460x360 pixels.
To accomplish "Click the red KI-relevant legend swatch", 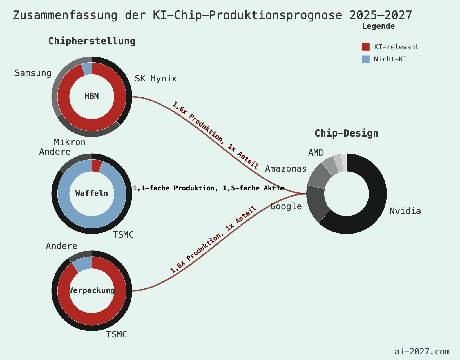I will click(x=366, y=47).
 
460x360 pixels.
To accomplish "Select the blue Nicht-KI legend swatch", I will click(x=366, y=59).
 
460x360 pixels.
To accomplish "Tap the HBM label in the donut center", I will click(x=92, y=96).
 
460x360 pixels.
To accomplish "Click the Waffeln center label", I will click(x=92, y=193).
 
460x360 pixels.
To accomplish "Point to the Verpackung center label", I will click(x=92, y=290).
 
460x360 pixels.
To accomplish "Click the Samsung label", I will click(x=33, y=73).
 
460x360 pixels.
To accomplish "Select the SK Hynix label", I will click(x=156, y=79).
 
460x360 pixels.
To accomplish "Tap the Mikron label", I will click(x=70, y=142).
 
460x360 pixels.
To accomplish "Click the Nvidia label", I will click(x=405, y=211).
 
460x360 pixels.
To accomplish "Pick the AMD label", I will click(x=316, y=152).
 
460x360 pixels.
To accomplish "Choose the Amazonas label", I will click(x=286, y=169).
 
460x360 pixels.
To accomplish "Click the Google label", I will click(x=286, y=206).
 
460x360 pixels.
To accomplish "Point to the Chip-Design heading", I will click(x=346, y=133).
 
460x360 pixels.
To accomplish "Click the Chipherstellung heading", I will click(x=92, y=41).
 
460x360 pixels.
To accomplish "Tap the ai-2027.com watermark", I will click(x=422, y=352).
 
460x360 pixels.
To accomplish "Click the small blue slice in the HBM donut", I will click(x=87, y=69).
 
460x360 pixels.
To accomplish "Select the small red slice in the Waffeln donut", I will click(x=96, y=166).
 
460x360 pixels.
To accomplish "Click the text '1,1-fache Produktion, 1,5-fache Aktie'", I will click(x=208, y=188).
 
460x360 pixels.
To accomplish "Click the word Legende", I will click(x=378, y=26).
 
